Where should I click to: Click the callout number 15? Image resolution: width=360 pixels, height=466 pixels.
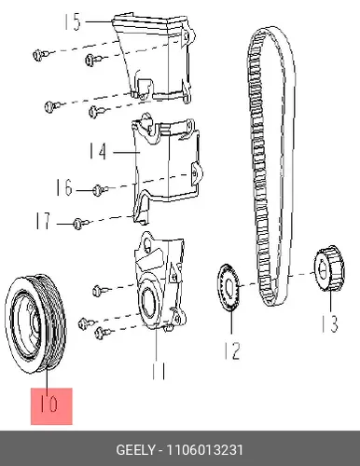pyautogui.click(x=73, y=21)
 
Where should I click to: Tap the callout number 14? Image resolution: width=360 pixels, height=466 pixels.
pyautogui.click(x=98, y=151)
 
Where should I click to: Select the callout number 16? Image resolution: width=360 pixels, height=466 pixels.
pyautogui.click(x=64, y=187)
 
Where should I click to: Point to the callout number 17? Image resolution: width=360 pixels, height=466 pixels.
pyautogui.click(x=43, y=221)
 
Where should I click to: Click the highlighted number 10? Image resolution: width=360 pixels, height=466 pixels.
pyautogui.click(x=49, y=404)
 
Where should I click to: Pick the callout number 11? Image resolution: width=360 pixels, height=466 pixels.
pyautogui.click(x=159, y=370)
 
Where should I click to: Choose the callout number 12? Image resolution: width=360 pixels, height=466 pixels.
pyautogui.click(x=232, y=350)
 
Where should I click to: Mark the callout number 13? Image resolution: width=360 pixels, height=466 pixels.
pyautogui.click(x=329, y=323)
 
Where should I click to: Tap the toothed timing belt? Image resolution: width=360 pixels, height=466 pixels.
pyautogui.click(x=271, y=165)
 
